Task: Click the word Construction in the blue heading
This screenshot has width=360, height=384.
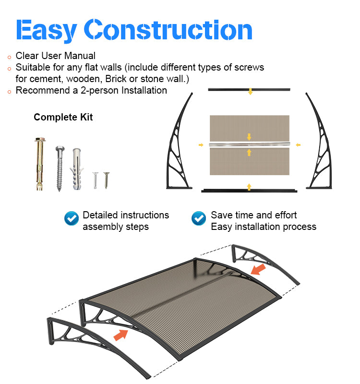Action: (x=168, y=29)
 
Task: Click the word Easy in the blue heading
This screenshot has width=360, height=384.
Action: (x=46, y=31)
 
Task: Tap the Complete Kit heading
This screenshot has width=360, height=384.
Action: (x=63, y=117)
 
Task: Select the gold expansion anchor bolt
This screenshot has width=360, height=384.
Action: (x=40, y=164)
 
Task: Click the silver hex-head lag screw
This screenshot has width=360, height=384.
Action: (x=60, y=168)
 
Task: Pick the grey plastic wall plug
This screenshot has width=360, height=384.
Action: (x=77, y=169)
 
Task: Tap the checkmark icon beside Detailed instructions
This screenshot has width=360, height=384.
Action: (x=72, y=218)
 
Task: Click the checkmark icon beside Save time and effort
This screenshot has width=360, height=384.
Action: (x=199, y=218)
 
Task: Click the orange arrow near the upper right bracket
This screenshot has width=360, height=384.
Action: (x=258, y=269)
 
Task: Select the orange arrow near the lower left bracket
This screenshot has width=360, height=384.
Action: (x=121, y=335)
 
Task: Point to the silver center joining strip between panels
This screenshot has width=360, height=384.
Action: (x=249, y=144)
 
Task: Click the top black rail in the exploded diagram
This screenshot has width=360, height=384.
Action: (x=249, y=90)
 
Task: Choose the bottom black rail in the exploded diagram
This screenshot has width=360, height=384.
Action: (x=249, y=191)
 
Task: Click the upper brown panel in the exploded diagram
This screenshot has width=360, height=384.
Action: (x=249, y=128)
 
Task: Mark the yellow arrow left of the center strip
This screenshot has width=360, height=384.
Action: (x=201, y=145)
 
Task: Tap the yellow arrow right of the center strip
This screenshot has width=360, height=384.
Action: (x=298, y=145)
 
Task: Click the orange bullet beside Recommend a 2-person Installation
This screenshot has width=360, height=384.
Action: (x=9, y=92)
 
